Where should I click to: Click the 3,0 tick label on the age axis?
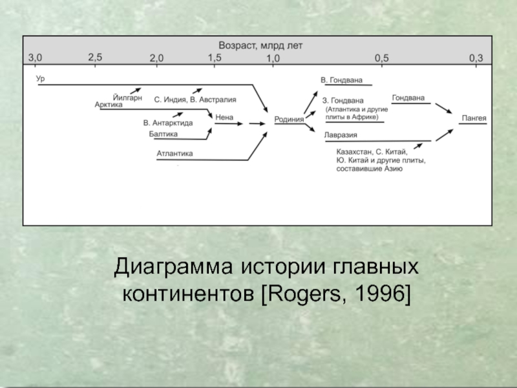click(35, 58)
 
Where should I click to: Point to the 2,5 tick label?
click(96, 57)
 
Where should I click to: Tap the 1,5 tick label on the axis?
click(215, 57)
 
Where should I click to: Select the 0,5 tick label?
click(382, 58)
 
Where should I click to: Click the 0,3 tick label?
click(476, 58)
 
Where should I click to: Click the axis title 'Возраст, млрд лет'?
click(260, 46)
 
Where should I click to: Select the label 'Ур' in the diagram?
click(40, 78)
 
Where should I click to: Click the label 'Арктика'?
click(108, 104)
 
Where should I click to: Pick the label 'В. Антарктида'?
click(168, 122)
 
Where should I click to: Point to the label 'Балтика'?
click(163, 134)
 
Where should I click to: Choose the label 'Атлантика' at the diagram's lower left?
click(174, 153)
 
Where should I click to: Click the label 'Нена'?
click(224, 117)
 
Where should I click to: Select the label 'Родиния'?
click(290, 119)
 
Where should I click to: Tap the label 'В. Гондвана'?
click(342, 80)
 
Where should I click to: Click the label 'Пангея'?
click(474, 119)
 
